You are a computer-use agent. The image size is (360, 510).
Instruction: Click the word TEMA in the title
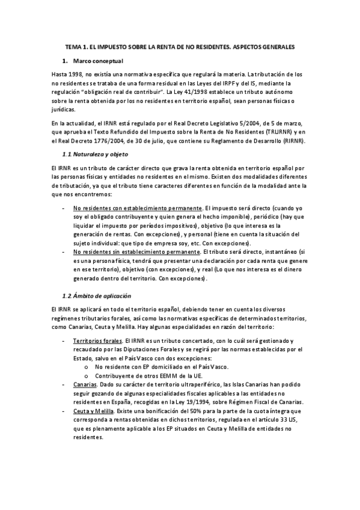click(x=73, y=46)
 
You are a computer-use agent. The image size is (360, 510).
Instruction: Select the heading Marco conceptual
click(x=98, y=61)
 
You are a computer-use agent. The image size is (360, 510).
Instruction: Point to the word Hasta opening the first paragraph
click(x=60, y=73)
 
